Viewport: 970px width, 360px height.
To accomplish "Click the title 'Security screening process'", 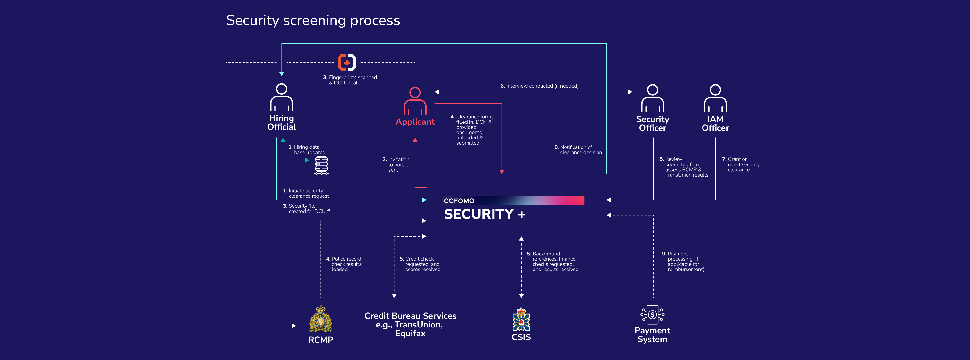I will [x=313, y=20].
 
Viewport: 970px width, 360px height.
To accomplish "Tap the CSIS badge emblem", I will [x=521, y=319].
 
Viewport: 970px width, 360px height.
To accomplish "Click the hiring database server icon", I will [x=322, y=166].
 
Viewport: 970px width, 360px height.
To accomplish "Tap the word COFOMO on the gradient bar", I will [x=459, y=201].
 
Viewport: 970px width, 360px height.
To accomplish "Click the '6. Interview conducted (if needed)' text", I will [x=539, y=86].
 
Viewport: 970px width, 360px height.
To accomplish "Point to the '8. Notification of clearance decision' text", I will [x=578, y=150].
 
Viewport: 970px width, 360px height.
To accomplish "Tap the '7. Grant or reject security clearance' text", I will [x=741, y=164].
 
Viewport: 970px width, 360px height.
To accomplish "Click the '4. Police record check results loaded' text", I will [x=344, y=264].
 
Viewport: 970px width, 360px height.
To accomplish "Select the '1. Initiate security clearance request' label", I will [x=306, y=193].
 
